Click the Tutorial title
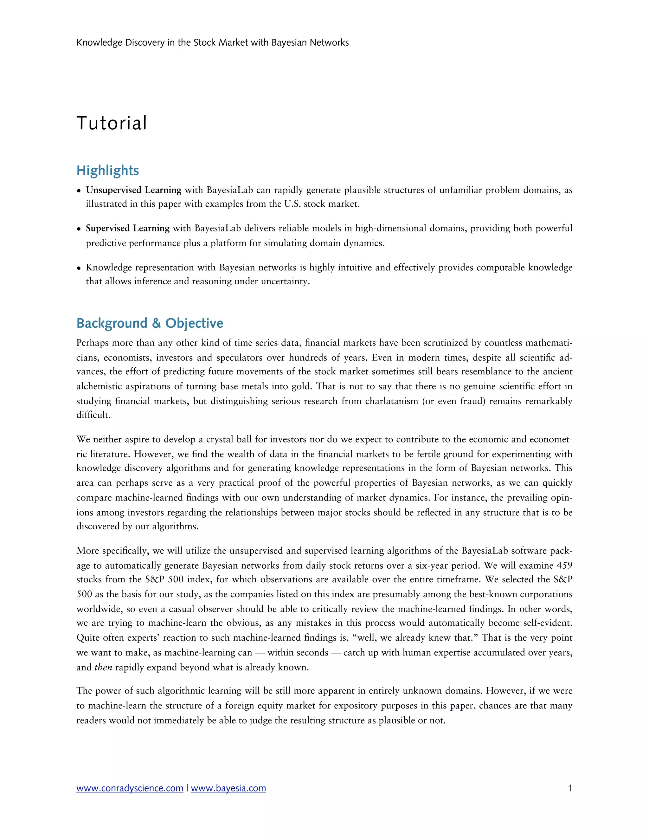pos(112,123)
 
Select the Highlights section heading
pos(108,171)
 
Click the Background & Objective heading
pos(150,323)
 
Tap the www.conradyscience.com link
pos(130,788)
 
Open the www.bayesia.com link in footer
pos(228,788)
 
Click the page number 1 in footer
pos(569,788)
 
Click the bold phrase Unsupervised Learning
pos(133,190)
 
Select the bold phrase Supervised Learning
pos(128,228)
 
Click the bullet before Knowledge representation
pos(79,268)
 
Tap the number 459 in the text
pos(564,565)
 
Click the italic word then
pos(103,667)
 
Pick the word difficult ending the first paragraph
pos(93,415)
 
